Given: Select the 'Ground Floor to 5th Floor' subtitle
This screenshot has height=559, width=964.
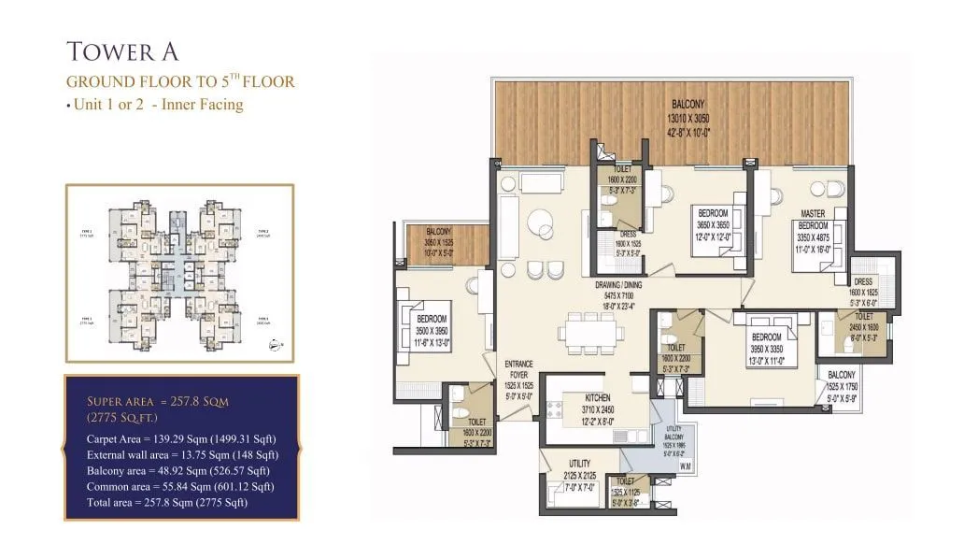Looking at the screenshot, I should point(180,81).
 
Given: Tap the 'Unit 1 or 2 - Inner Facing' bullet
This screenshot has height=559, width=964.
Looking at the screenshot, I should point(155,105).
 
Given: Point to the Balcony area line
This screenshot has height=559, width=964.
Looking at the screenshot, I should point(177,470).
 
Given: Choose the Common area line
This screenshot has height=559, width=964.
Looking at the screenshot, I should point(179,486).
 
